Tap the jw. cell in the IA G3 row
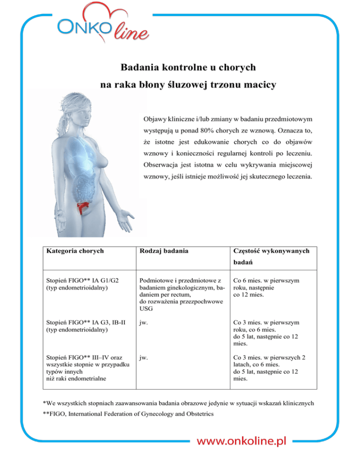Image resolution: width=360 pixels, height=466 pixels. (142, 323)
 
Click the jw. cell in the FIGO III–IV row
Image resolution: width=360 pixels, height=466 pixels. (142, 358)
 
